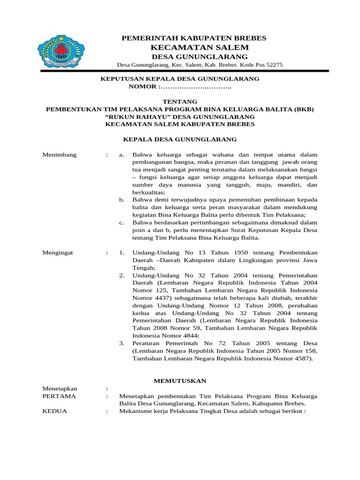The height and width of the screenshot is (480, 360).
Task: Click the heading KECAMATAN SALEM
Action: pyautogui.click(x=200, y=47)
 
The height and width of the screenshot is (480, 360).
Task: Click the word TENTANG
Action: pyautogui.click(x=180, y=102)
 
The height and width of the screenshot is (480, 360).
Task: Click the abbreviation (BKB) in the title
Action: pyautogui.click(x=304, y=109)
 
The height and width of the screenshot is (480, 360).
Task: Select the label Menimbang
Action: pyautogui.click(x=60, y=155)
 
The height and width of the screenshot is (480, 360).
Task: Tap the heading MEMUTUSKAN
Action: pyautogui.click(x=180, y=381)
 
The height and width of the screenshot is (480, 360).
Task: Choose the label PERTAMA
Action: pyautogui.click(x=59, y=396)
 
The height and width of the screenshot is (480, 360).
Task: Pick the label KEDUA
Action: pyautogui.click(x=54, y=411)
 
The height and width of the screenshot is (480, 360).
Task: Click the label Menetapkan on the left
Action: pyautogui.click(x=60, y=389)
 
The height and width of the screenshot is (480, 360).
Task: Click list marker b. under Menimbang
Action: pyautogui.click(x=122, y=200)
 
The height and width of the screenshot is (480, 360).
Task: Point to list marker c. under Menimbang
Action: pyautogui.click(x=122, y=222)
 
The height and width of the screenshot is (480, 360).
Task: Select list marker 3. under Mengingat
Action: pyautogui.click(x=122, y=344)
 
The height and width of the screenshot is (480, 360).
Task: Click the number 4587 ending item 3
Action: pyautogui.click(x=301, y=359)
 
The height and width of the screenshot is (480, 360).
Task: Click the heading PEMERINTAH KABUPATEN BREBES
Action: pyautogui.click(x=194, y=37)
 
